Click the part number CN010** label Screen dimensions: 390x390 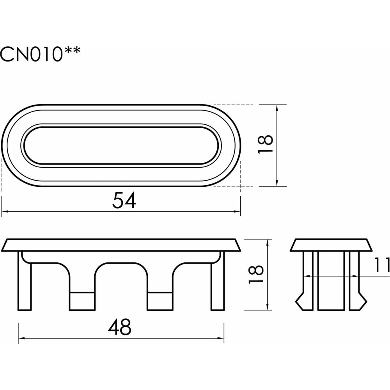coord(40,54)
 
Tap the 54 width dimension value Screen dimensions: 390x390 coord(124,200)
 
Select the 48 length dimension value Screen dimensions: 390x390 coord(119,327)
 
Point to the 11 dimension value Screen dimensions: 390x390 coord(382,265)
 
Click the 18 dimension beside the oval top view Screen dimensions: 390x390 coord(265,144)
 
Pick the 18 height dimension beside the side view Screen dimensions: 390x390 coord(256,274)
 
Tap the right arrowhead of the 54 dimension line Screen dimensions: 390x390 coord(237,211)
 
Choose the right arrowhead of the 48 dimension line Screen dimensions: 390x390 coord(220,338)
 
